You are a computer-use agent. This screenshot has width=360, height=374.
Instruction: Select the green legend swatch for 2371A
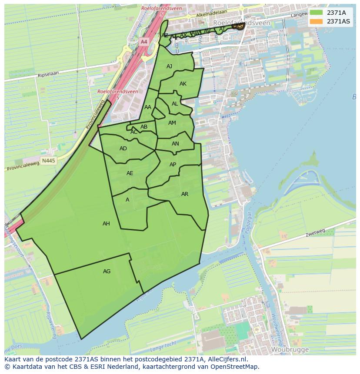point(317,13)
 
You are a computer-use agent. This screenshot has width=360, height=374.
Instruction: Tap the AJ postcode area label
point(170,66)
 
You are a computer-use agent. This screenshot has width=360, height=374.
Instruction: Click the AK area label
point(183,84)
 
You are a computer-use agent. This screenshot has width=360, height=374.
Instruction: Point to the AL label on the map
point(175,104)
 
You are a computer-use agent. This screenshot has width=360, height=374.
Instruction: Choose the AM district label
point(172,123)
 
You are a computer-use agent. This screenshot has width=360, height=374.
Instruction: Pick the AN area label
point(175,144)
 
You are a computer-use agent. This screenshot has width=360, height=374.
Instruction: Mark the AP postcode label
point(173,165)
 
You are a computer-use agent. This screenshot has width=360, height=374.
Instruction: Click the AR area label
point(185,194)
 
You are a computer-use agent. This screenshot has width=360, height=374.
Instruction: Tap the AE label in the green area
point(130,173)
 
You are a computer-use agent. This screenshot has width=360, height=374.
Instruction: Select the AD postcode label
point(123,149)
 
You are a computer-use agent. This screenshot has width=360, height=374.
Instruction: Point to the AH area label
point(106,224)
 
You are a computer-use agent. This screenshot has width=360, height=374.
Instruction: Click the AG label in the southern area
point(107,271)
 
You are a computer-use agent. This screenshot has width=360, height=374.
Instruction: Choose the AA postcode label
point(148,107)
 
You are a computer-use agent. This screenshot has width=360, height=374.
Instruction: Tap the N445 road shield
point(49,161)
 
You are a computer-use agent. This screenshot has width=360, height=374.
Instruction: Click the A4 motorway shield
point(144,42)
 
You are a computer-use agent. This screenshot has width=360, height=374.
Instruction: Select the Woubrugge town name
point(290,349)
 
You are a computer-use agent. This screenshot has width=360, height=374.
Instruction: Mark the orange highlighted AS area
point(238,26)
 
